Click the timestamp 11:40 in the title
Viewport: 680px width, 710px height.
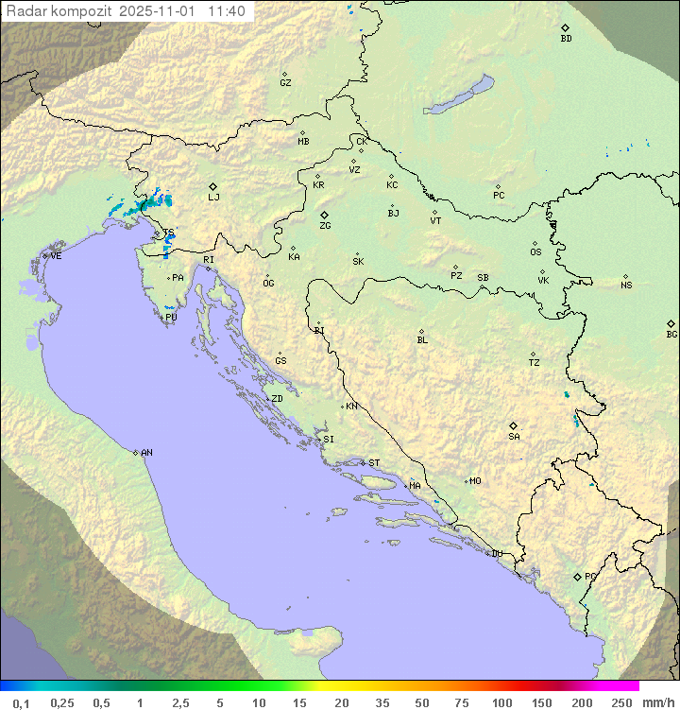[227, 11]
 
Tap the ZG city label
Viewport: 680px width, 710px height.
[325, 226]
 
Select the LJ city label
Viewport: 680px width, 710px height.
[213, 198]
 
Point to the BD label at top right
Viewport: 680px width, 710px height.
[566, 39]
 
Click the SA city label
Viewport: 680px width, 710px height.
[514, 437]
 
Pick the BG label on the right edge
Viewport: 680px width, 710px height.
[671, 335]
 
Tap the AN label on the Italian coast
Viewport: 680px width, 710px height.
[146, 453]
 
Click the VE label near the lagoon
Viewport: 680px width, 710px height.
[56, 256]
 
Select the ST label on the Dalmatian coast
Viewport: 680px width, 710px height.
[374, 463]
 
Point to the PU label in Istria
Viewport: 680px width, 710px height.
[171, 318]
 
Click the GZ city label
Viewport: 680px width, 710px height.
[285, 83]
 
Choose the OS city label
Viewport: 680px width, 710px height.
[535, 252]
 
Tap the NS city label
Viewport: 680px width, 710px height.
[626, 286]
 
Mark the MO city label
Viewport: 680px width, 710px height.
[475, 481]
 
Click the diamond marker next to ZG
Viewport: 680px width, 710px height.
[324, 216]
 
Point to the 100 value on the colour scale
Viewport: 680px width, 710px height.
[501, 702]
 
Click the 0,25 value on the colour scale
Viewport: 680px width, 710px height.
[62, 702]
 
